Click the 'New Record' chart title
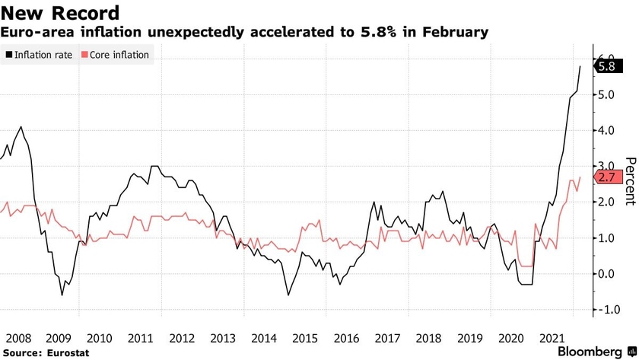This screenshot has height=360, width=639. point(61,13)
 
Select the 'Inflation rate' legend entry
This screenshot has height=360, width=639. point(39,55)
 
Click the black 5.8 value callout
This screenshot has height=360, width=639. point(607,66)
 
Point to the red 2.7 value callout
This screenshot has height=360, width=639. point(607,177)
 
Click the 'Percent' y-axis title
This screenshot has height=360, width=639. point(629,180)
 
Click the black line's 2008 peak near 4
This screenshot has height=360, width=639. point(21,127)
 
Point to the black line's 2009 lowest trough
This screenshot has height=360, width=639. point(62,295)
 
